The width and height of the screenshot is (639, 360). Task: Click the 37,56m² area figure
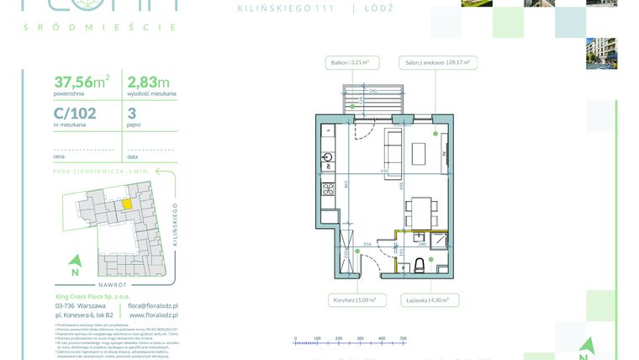82,82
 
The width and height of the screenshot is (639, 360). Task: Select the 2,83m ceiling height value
148,82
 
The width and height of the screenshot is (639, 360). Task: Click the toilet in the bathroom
418,267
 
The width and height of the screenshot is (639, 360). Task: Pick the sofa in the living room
392,148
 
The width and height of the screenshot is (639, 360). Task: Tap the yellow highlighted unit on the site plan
127,202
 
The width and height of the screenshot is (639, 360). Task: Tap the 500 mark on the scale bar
404,337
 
